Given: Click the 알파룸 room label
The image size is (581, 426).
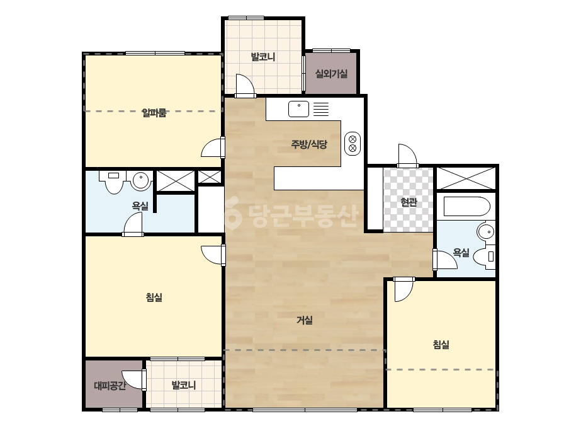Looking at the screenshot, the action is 154,112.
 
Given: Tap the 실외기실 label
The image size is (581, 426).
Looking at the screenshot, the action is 331,74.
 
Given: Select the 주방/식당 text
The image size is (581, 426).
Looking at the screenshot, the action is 309,144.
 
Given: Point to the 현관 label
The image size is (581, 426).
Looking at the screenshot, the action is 409,202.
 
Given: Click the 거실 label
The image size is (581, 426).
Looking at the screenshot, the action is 305,320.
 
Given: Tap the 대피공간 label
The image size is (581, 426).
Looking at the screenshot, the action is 110,386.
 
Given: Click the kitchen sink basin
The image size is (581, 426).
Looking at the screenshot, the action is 298,109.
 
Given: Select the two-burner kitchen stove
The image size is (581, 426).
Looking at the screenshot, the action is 353,144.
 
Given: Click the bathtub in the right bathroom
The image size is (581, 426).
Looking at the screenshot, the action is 467,206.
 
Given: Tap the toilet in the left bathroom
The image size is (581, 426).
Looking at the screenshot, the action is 114,182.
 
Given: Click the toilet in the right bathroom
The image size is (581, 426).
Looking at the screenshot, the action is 485,256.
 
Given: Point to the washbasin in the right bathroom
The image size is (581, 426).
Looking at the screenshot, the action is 486,232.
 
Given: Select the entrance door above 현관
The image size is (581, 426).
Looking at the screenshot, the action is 408,156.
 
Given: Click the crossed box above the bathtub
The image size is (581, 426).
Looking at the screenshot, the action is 466,178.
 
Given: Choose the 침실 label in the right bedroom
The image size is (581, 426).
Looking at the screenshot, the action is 441,344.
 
